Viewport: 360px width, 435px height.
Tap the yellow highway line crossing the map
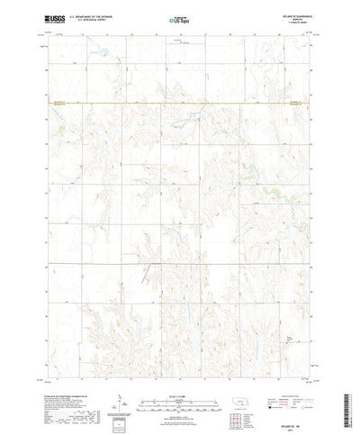pos(180,104)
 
